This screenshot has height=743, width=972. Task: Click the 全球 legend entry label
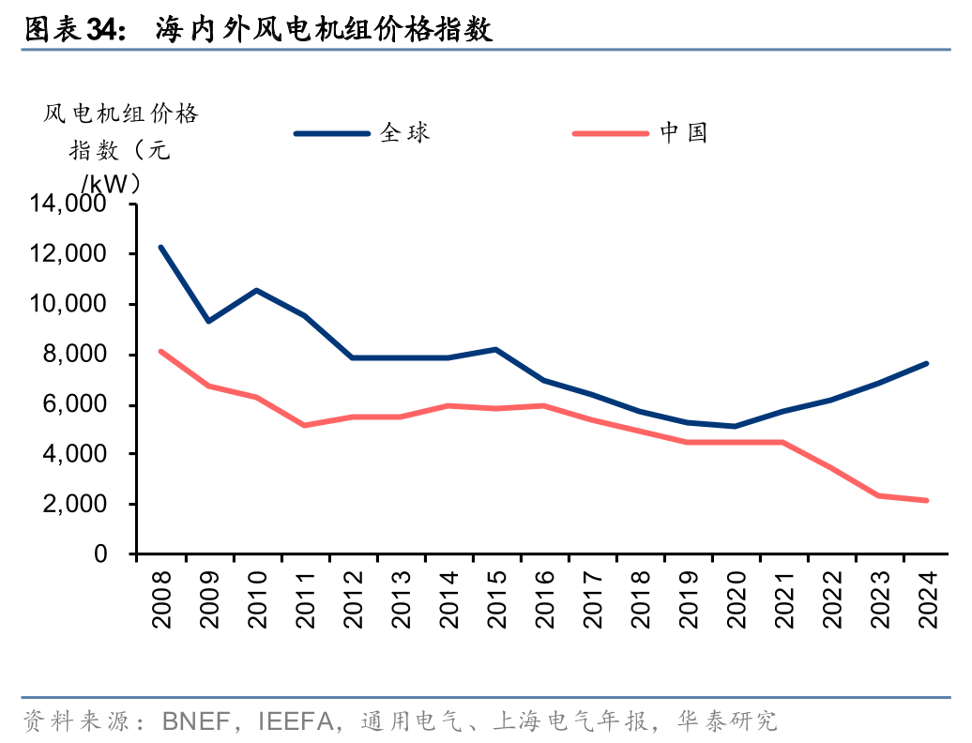pyautogui.click(x=405, y=133)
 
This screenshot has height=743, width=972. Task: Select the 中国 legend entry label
pyautogui.click(x=683, y=133)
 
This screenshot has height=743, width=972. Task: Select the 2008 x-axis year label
pyautogui.click(x=161, y=602)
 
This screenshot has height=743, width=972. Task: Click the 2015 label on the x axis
pyautogui.click(x=495, y=602)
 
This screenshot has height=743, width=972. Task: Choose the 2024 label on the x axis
pyautogui.click(x=926, y=602)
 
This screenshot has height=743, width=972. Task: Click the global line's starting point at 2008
pyautogui.click(x=161, y=247)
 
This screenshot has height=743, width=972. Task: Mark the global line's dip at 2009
pyautogui.click(x=208, y=321)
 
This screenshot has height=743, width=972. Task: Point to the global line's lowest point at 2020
pyautogui.click(x=735, y=426)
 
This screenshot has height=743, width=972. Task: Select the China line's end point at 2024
pyautogui.click(x=926, y=500)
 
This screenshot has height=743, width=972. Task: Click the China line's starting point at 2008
pyautogui.click(x=161, y=352)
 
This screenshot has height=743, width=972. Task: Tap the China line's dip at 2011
pyautogui.click(x=304, y=425)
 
